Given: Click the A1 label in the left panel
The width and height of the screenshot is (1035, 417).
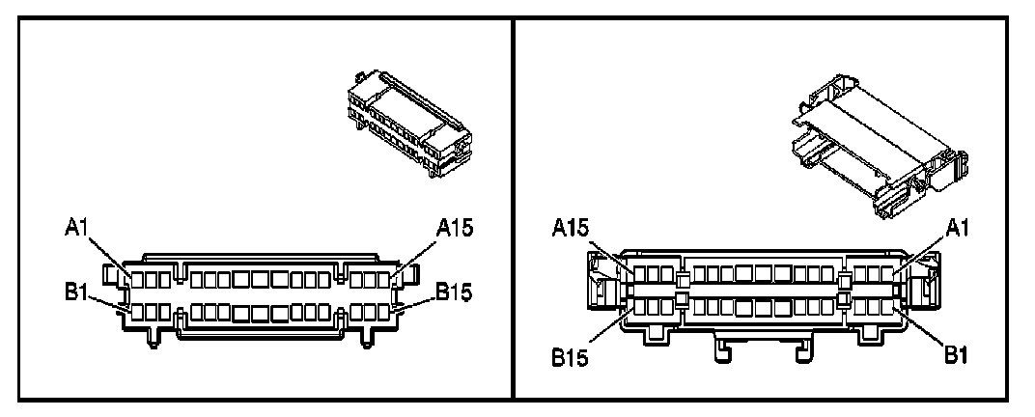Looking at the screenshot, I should point(78,228).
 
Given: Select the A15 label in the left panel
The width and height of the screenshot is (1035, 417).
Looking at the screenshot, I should point(456,228).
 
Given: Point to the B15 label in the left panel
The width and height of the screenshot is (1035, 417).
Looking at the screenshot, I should point(454,291).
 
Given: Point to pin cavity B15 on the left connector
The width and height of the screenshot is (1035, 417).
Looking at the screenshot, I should point(395,312).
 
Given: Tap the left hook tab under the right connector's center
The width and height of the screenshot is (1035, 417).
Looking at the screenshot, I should point(720,350).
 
